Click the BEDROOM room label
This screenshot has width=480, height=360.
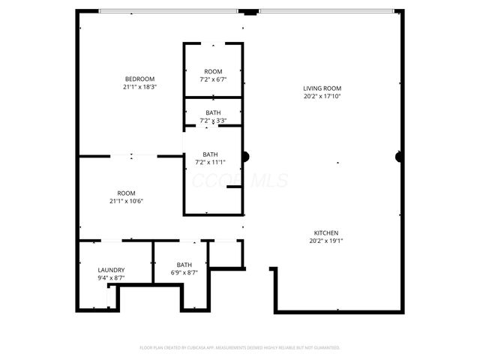coord(139,79)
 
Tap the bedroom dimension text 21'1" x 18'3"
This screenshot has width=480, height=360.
coord(139,87)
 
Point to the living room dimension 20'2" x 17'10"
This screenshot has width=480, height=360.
coord(322,96)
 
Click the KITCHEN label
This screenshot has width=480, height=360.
coord(326,233)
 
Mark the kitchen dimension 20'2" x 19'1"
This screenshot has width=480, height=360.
coord(326,241)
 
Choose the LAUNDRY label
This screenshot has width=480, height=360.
coord(111,270)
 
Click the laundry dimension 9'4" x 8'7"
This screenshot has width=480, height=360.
coord(111,277)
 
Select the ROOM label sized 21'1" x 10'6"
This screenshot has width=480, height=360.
coord(126,193)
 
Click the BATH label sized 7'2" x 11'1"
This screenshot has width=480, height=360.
coord(211,154)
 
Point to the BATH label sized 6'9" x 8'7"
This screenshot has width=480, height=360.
coord(184,265)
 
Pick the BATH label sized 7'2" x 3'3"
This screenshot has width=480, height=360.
coord(213,113)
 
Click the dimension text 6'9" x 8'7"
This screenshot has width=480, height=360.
coord(184,272)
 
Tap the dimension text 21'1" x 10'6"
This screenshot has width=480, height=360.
coord(126,200)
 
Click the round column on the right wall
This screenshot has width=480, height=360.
coord(399,157)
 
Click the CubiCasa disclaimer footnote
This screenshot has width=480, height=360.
coord(240,347)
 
